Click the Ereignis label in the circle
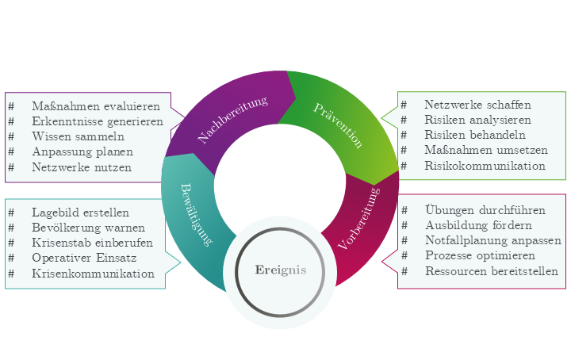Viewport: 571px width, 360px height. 281,270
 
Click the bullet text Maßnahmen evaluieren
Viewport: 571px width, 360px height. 96,105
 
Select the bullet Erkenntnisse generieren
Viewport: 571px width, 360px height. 98,121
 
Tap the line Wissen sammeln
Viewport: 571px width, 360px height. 78,136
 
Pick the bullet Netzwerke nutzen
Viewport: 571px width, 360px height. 82,167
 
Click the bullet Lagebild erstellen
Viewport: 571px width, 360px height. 80,213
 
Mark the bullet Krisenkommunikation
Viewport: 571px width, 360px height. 93,274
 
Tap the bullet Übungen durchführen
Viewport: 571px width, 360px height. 485,210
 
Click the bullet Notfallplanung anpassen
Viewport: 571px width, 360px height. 492,240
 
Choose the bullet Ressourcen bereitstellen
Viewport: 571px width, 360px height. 491,271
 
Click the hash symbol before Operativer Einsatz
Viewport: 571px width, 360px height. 11,258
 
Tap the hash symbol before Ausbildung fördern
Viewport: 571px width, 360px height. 404,225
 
